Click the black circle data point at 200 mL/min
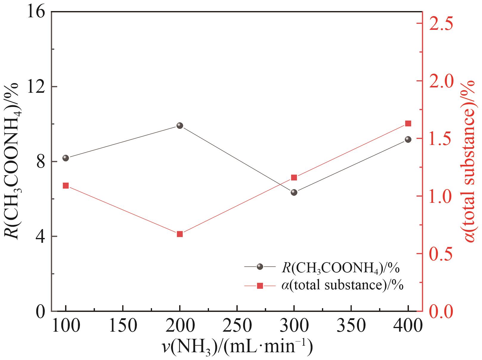179,126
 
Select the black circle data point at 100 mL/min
66,158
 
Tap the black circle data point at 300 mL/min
294,192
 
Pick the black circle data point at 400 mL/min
408,139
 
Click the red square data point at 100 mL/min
66,186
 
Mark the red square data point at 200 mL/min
179,234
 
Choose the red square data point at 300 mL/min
294,178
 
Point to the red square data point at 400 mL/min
408,123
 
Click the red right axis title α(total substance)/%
470,161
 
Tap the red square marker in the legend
260,286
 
